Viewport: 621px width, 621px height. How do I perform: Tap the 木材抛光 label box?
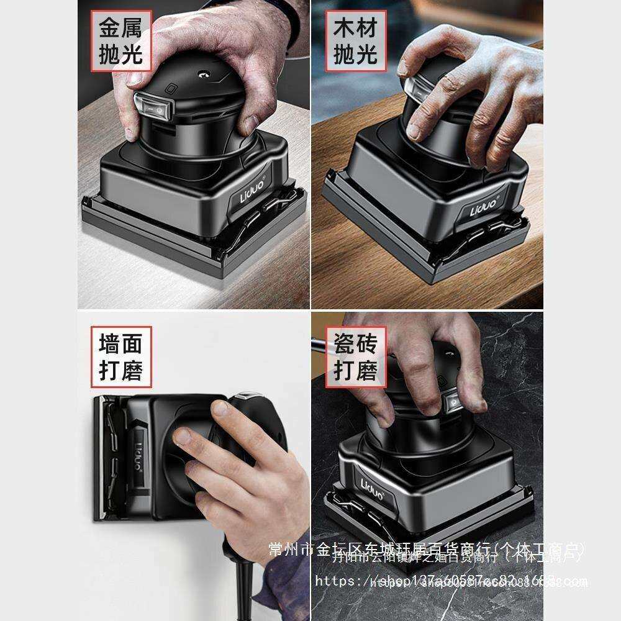[355, 41]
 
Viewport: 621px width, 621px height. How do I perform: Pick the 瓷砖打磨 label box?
[356, 357]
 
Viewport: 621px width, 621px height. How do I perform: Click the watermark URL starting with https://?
[450, 581]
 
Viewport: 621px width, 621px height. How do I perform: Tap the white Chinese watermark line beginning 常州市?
[425, 549]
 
